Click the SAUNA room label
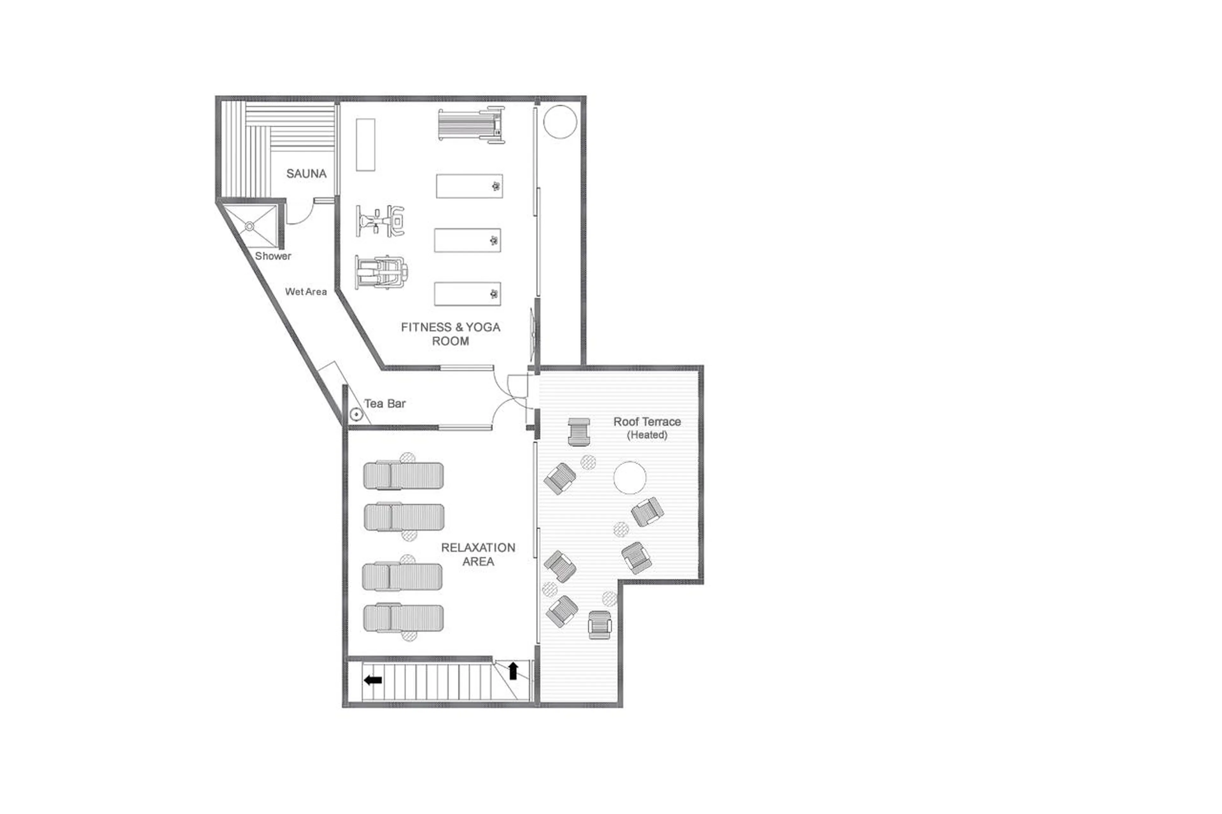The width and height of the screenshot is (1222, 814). (306, 173)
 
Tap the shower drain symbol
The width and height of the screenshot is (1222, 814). (249, 226)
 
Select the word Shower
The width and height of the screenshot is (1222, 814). (273, 256)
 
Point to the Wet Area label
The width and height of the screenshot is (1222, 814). (306, 292)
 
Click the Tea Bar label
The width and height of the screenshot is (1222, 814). (384, 403)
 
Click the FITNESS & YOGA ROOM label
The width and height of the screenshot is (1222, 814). (450, 334)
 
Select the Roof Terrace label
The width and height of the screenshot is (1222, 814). (647, 421)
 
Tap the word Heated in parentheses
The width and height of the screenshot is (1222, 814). (647, 435)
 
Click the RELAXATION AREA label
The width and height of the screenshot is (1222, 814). (478, 554)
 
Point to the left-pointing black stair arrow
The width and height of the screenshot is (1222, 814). (373, 680)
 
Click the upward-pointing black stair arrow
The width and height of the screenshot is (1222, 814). (513, 671)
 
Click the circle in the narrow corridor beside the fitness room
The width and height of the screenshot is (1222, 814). (560, 122)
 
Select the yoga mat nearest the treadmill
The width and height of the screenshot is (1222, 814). (469, 186)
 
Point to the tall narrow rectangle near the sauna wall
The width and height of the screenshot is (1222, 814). (365, 145)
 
